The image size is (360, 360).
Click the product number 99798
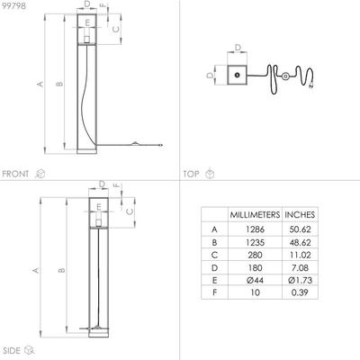(13, 6)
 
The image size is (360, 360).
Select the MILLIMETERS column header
(255, 215)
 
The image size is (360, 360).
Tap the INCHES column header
(300, 215)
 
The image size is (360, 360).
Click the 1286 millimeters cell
(255, 229)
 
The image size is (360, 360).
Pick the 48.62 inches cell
(300, 242)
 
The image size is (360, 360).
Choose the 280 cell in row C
(255, 255)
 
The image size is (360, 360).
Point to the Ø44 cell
(255, 280)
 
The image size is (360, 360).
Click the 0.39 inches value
(300, 292)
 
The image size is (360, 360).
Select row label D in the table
(214, 267)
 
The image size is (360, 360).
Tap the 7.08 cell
(300, 267)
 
